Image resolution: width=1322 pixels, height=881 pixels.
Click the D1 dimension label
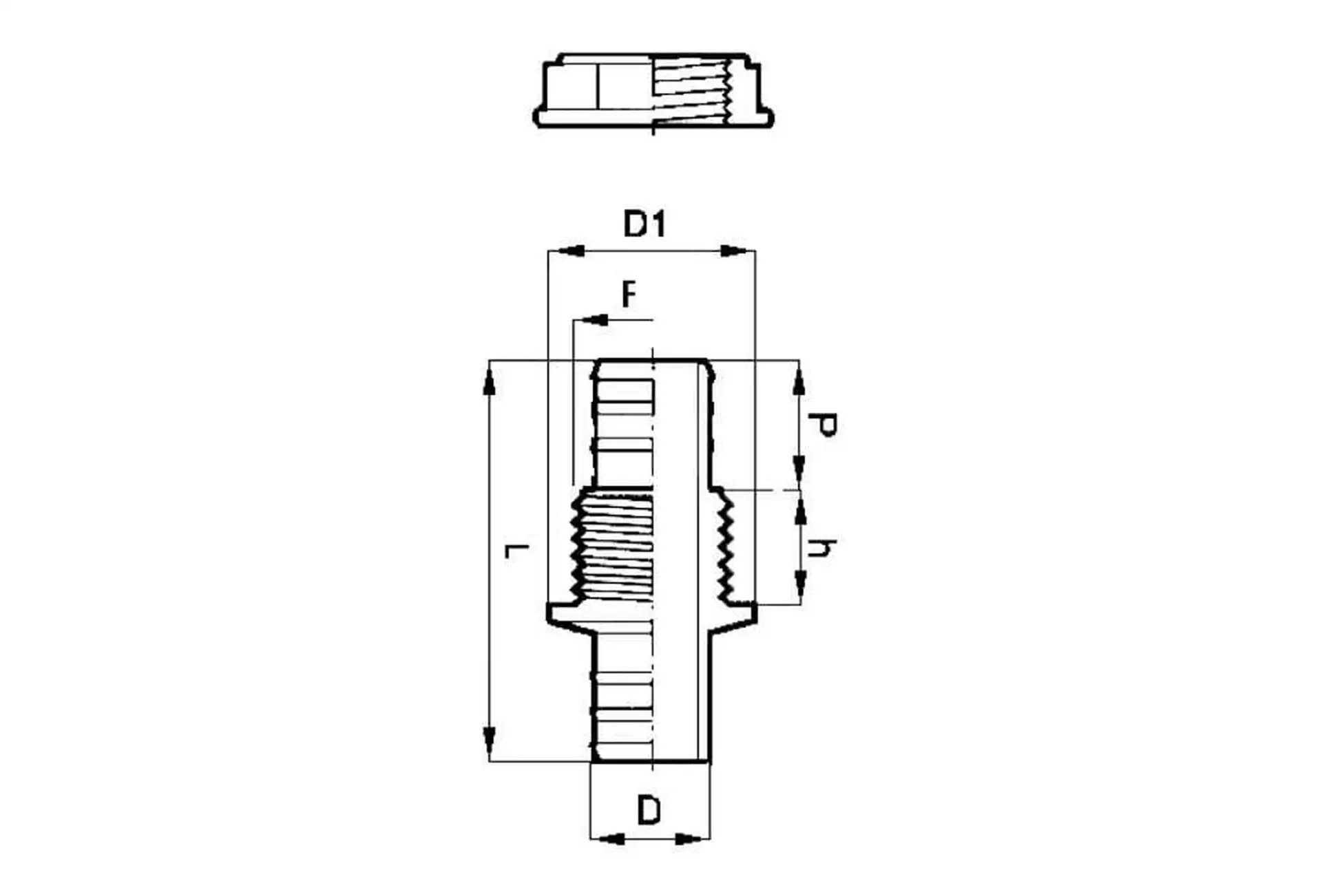[x=644, y=224]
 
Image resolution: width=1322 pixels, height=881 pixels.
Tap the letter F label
[x=628, y=295]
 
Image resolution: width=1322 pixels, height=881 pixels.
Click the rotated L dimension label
[x=516, y=551]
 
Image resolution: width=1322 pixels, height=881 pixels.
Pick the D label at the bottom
[x=649, y=810]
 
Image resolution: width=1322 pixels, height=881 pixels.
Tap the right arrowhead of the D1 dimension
[x=736, y=251]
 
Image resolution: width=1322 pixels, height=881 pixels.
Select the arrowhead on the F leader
[x=591, y=319]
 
